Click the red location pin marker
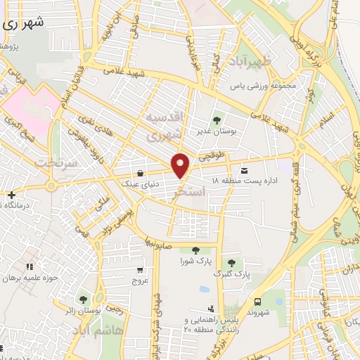tap(181, 165)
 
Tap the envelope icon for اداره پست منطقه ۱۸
tap(244, 171)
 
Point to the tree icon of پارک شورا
tap(195, 250)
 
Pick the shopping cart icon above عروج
tap(140, 269)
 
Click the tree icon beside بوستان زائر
tap(84, 300)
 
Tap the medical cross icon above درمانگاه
tap(11, 194)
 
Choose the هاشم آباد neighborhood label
tap(103, 330)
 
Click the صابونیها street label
tap(160, 241)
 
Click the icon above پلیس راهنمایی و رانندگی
tap(210, 309)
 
